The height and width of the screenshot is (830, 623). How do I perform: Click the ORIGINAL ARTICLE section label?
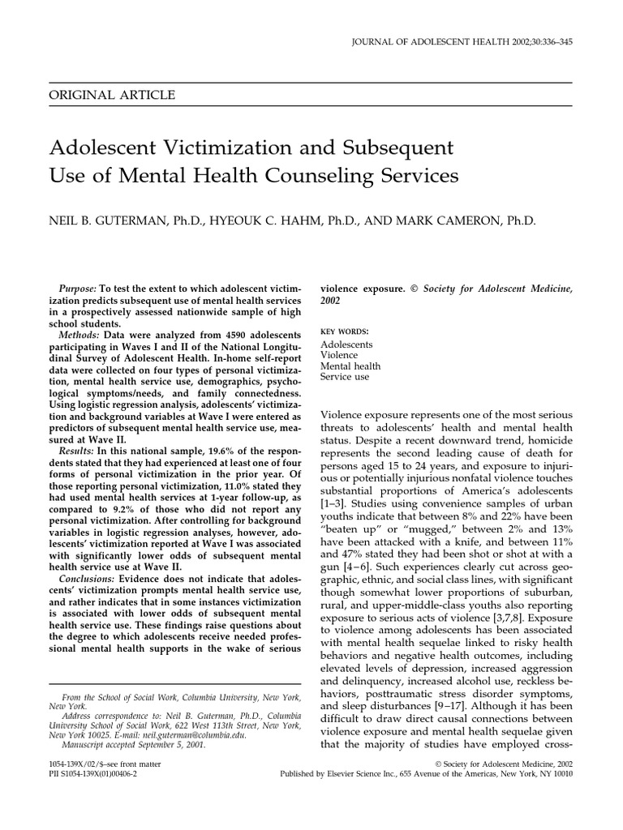(x=113, y=95)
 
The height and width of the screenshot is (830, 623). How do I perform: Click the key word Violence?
(x=339, y=354)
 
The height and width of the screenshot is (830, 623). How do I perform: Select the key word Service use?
(x=345, y=376)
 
